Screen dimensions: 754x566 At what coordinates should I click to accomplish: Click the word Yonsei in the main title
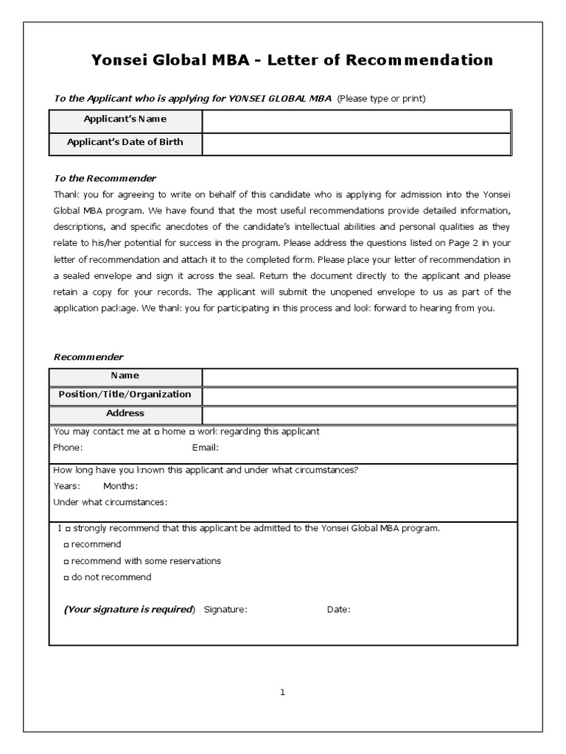(117, 60)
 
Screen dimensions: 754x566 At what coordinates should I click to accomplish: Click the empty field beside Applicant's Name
(356, 121)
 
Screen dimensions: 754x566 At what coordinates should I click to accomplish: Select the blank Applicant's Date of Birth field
(356, 144)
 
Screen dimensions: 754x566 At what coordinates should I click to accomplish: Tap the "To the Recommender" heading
(105, 178)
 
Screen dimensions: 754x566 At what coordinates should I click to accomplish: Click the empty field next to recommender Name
(360, 377)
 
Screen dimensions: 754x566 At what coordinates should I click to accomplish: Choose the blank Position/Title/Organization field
(360, 396)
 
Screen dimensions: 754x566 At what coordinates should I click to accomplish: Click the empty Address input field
(360, 415)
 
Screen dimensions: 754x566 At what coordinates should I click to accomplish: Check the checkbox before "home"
(157, 432)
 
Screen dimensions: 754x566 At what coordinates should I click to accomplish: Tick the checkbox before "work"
(192, 432)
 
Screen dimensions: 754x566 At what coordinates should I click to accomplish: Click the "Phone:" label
(68, 448)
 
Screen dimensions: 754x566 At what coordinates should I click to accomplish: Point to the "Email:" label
(206, 448)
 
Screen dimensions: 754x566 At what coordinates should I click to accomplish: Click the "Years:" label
(66, 486)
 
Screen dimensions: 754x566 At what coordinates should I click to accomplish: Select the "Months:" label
(120, 486)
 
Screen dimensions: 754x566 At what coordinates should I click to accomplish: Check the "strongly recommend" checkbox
(68, 529)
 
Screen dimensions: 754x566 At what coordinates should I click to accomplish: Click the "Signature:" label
(226, 609)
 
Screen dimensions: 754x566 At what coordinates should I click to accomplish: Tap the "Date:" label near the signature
(338, 609)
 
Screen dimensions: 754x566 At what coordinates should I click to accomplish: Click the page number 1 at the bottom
(282, 692)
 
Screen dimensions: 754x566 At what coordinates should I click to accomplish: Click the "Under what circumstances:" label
(111, 502)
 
